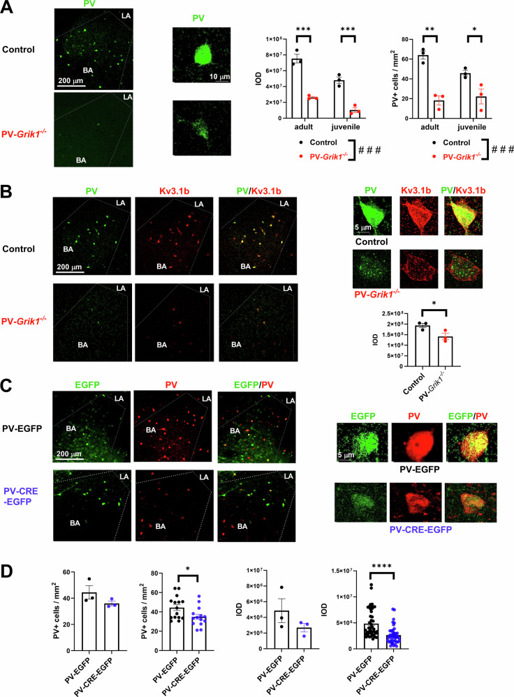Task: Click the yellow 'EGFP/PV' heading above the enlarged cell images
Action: point(460,415)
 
